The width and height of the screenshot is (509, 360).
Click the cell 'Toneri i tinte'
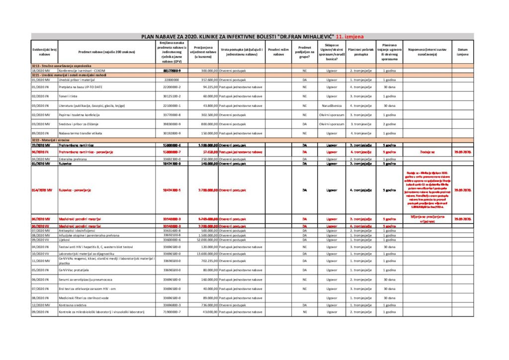[x=68, y=96]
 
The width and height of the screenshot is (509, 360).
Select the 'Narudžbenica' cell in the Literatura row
[x=332, y=105]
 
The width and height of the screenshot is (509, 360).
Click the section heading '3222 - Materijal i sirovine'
[x=52, y=141]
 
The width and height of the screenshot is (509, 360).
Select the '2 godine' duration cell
[x=389, y=124]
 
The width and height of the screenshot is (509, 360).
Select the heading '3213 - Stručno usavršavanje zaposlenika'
[x=62, y=66]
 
